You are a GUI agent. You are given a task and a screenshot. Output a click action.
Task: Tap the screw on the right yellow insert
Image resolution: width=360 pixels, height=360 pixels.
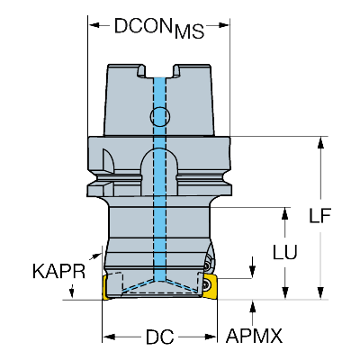(209, 283)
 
